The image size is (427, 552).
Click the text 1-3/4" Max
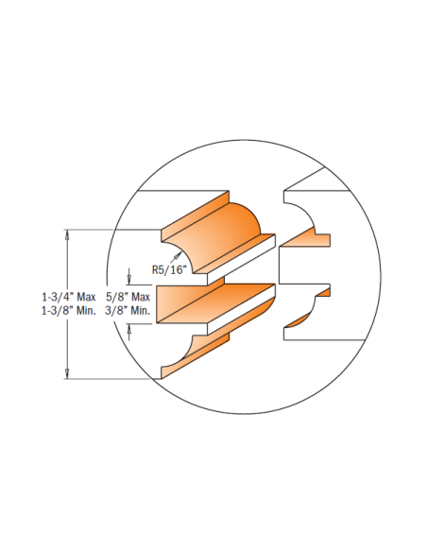pos(69,298)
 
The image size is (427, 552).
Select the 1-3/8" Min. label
pos(69,311)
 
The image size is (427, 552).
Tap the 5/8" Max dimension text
pos(128,298)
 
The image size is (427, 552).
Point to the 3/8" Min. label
pos(128,311)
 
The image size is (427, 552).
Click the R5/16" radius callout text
pos(168,270)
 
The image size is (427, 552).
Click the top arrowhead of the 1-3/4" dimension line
pos(67,235)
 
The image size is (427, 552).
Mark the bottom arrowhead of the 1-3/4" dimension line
pos(67,373)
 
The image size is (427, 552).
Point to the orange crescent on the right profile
pos(299,321)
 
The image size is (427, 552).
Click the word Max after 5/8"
pos(141,298)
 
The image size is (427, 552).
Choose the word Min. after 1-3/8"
pos(86,311)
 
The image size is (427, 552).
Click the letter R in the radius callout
pos(155,270)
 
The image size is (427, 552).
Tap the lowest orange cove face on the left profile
pos(186,359)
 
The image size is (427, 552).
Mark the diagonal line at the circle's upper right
pos(304,179)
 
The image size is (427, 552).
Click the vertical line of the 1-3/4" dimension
pos(67,304)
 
